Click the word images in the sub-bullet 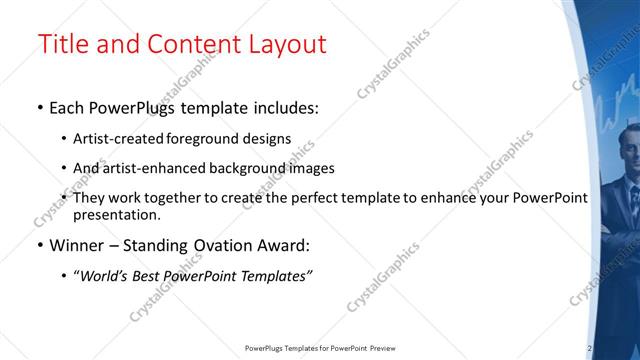308,169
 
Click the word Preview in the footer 386,349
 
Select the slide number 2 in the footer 590,348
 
